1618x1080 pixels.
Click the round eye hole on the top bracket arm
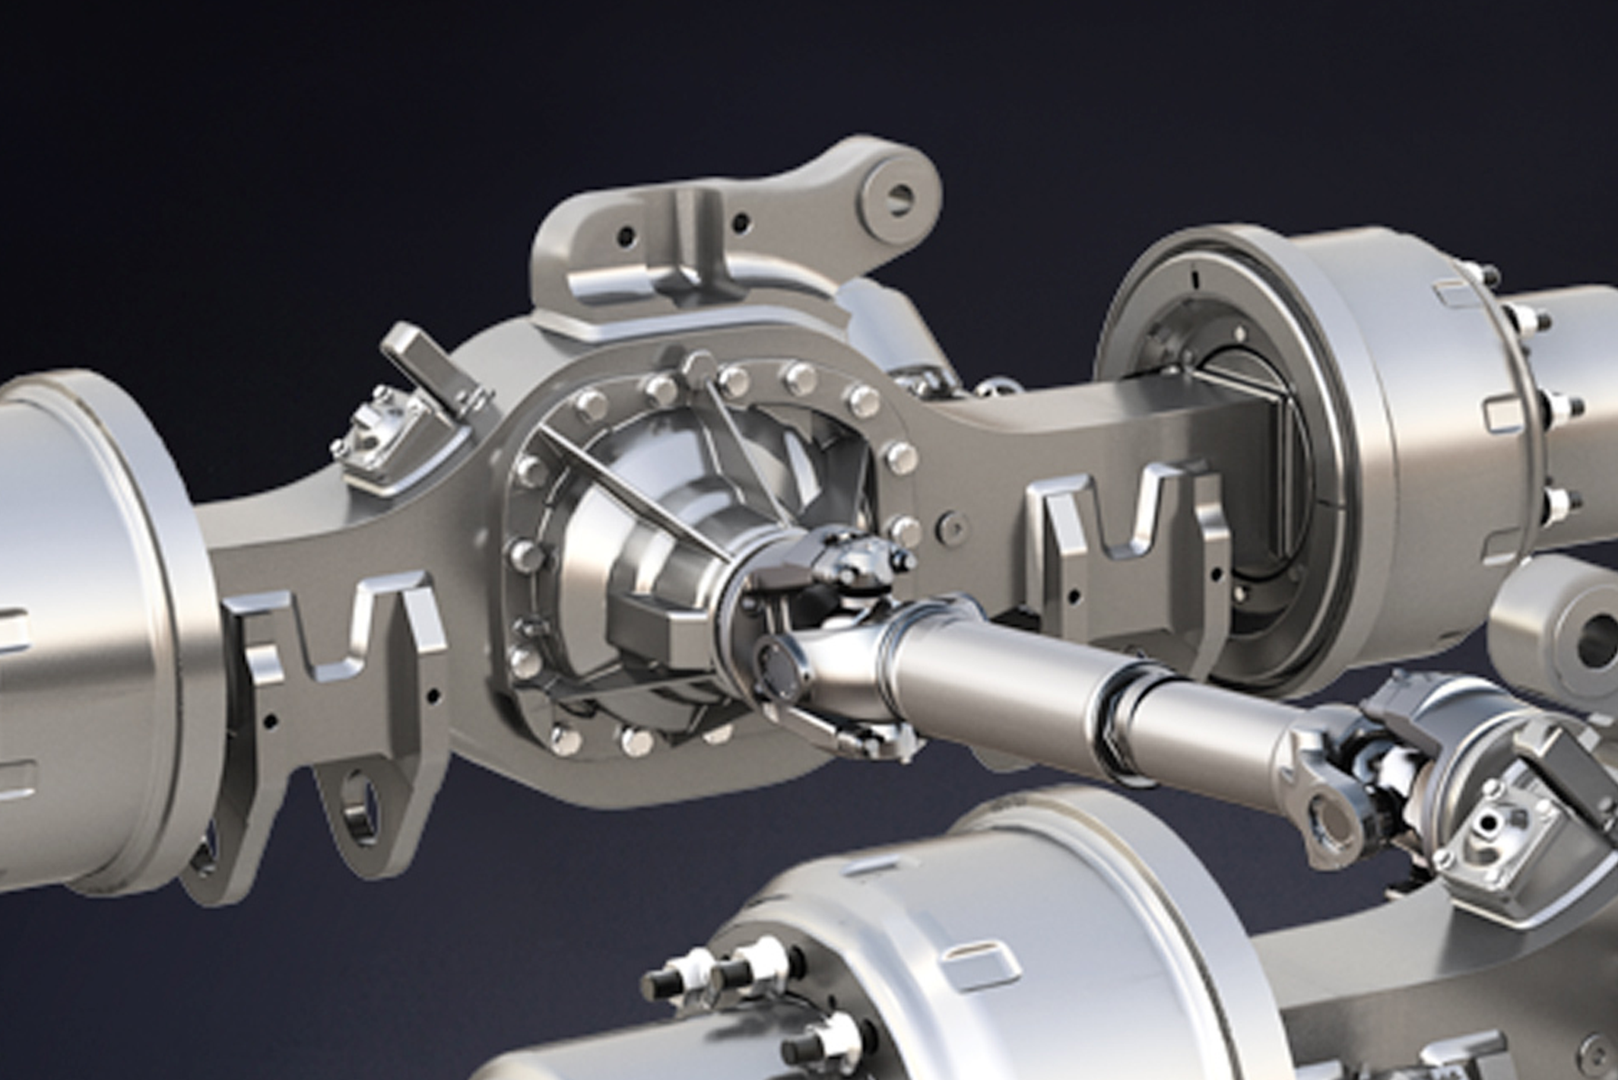[899, 195]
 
